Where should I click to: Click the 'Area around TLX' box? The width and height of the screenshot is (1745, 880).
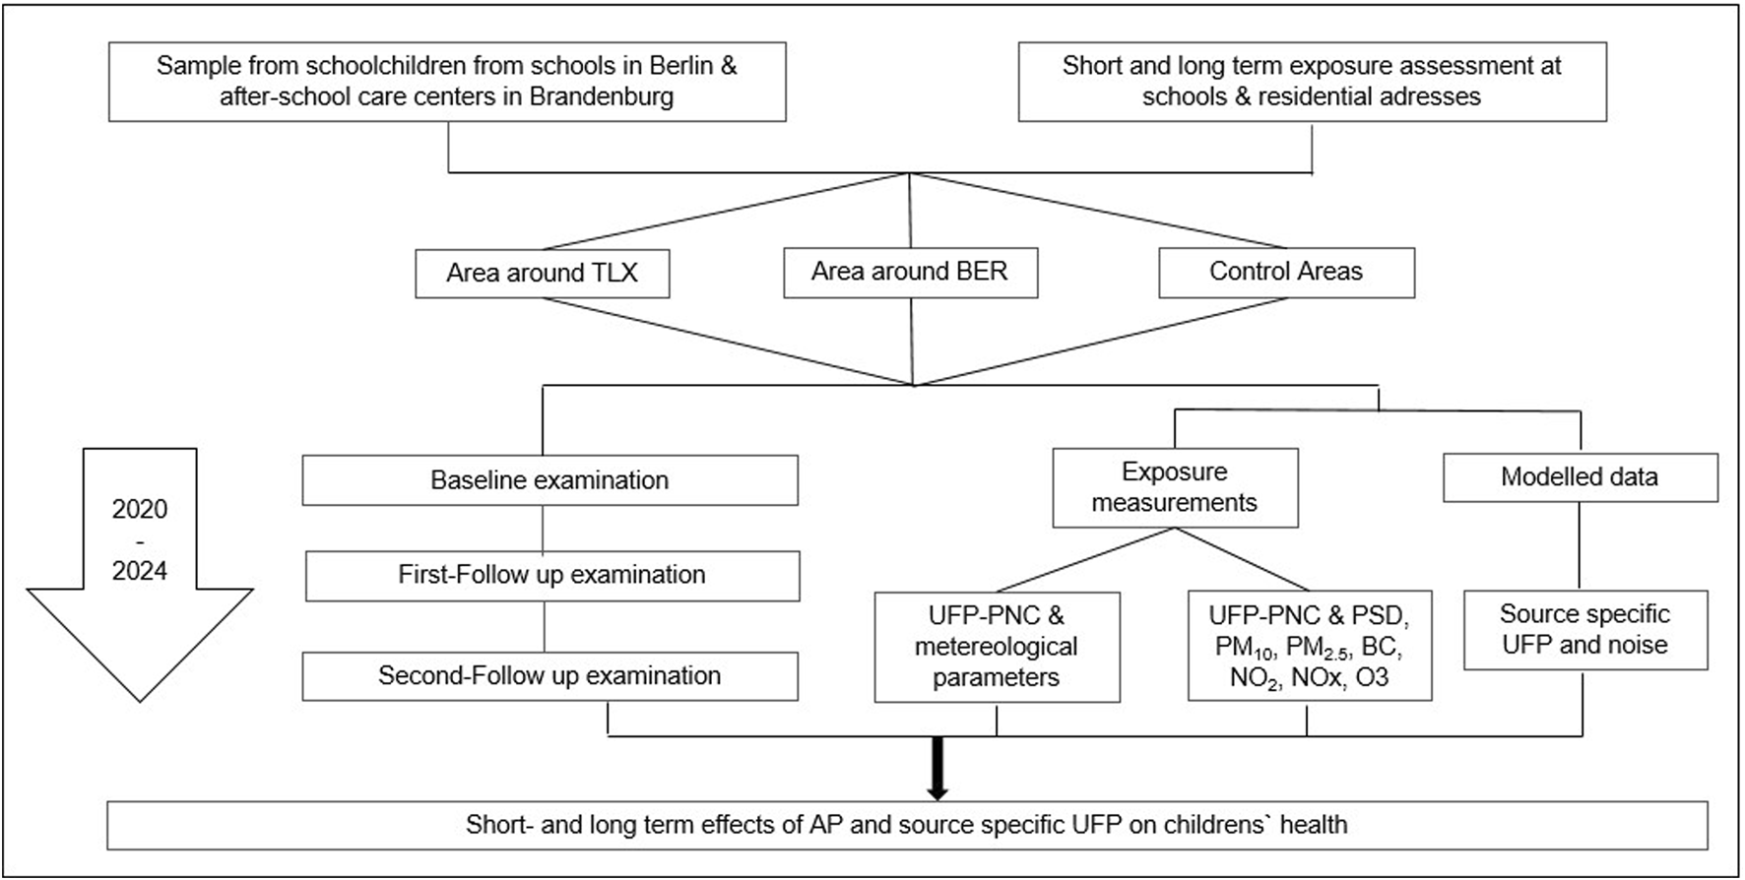tap(543, 273)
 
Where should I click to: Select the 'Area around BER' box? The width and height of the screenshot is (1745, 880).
tap(911, 272)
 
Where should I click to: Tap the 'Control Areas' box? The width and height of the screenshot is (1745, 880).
tap(1287, 272)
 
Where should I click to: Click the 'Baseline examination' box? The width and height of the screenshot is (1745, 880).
tap(550, 480)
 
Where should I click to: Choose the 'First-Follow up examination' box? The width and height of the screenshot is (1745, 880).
tap(552, 575)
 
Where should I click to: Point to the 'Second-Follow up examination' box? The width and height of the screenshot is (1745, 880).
tap(550, 676)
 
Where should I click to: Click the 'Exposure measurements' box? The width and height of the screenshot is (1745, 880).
tap(1176, 487)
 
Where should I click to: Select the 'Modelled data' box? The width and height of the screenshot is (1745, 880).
tap(1581, 477)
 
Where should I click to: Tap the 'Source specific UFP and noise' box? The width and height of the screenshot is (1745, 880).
tap(1585, 630)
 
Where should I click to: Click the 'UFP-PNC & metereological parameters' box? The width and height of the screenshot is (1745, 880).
tap(998, 647)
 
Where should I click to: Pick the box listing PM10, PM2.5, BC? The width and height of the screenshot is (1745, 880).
tap(1310, 646)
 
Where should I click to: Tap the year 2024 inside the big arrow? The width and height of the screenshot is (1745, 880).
tap(140, 571)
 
